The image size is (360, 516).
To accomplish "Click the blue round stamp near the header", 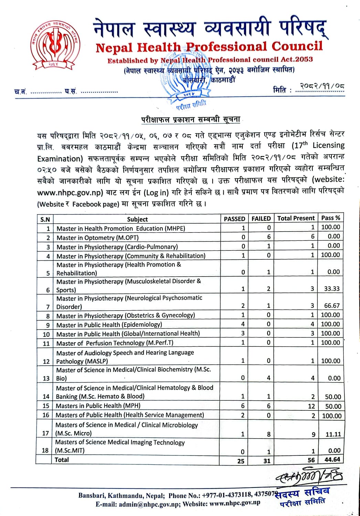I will tap(189, 83).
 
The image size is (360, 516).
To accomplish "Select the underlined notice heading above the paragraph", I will tap(191, 120).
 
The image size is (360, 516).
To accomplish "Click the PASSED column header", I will tap(234, 218).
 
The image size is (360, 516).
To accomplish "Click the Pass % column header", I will tap(330, 218).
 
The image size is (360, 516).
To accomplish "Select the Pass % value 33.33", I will tap(331, 289).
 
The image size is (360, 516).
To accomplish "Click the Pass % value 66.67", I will tap(331, 305).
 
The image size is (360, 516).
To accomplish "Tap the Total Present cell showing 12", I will tap(311, 406).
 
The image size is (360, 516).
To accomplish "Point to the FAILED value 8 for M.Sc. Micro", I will tap(268, 434).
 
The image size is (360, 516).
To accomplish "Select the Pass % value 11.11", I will tap(333, 434).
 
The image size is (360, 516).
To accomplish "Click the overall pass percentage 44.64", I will tap(332, 460).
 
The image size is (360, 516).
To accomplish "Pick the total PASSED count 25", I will tap(241, 461).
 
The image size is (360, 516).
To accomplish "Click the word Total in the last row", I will tap(62, 460).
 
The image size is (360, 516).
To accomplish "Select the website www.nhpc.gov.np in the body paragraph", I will tap(70, 193).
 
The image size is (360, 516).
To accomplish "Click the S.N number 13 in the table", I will tap(46, 378).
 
